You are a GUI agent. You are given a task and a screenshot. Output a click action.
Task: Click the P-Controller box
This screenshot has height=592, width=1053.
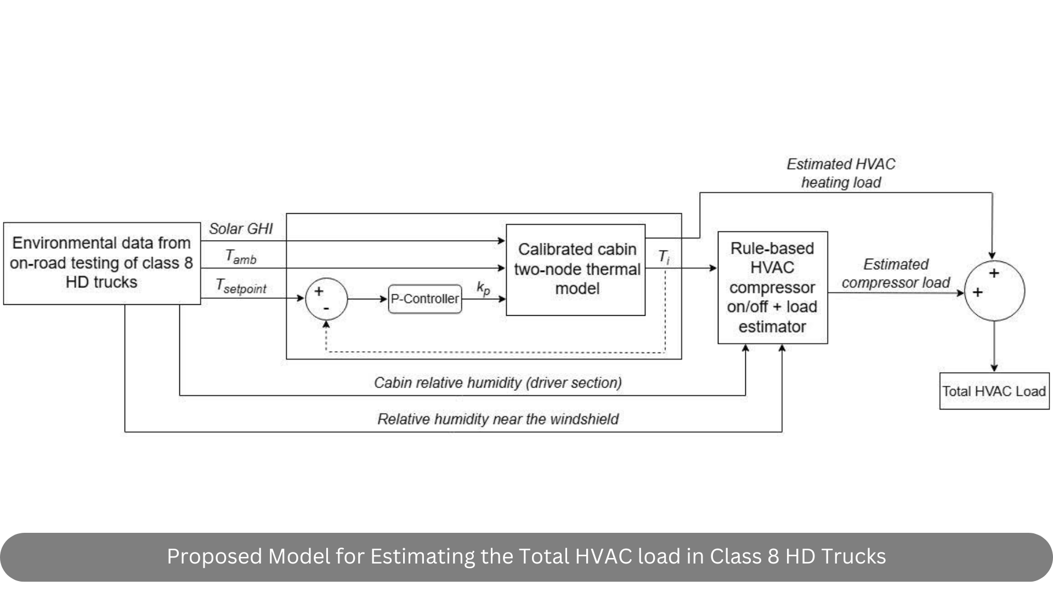[424, 299]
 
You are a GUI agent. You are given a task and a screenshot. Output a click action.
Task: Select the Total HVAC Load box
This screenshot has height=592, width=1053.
[994, 391]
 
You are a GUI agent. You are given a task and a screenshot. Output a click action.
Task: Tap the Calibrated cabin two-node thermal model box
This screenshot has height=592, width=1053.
[575, 270]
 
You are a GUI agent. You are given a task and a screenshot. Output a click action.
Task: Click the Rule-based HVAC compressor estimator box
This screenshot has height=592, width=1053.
[772, 288]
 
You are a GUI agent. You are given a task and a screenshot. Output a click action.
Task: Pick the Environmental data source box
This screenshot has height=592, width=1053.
[101, 263]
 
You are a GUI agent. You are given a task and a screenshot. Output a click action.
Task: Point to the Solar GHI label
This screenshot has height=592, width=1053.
[240, 229]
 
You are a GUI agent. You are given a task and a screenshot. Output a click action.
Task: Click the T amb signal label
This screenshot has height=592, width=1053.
[241, 257]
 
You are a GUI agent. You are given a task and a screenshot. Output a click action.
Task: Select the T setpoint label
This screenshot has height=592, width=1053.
[241, 286]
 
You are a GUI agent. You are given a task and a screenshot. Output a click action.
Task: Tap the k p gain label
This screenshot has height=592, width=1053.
[483, 288]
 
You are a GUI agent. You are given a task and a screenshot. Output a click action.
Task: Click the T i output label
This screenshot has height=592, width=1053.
[664, 257]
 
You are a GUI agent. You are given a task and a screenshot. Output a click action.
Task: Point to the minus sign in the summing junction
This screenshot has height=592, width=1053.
[326, 309]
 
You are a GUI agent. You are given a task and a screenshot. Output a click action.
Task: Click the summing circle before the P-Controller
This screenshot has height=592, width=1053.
[326, 299]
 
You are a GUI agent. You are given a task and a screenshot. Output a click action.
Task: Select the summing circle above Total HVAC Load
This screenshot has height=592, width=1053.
[994, 291]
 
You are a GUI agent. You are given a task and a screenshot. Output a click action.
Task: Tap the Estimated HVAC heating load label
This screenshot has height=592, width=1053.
[841, 173]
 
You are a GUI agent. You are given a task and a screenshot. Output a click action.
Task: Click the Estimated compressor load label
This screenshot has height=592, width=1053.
[896, 274]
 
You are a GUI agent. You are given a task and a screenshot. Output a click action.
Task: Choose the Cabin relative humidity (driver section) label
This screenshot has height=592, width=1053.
[497, 383]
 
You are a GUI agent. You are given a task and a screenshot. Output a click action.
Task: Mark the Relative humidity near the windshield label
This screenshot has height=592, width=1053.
[497, 419]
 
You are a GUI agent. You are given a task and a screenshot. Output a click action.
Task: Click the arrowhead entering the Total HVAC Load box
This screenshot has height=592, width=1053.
[994, 368]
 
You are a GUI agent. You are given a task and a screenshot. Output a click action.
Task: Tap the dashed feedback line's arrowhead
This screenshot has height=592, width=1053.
[326, 325]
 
